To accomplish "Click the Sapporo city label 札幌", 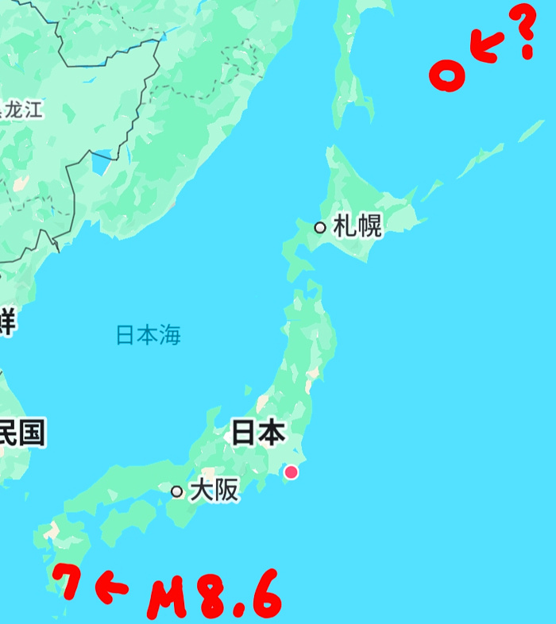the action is coord(357,227).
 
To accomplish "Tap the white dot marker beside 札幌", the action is coord(320,228).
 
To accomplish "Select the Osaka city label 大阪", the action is coord(214,491).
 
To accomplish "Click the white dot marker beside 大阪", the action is coord(177,491).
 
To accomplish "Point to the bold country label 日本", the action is coord(257,433).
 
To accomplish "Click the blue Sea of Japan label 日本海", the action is coord(149,336).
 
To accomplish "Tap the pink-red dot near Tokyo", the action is coord(292,472).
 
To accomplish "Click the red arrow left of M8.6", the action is coord(112,587).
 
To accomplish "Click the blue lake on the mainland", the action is coord(101,165).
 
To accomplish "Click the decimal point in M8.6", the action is coord(237,612).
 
